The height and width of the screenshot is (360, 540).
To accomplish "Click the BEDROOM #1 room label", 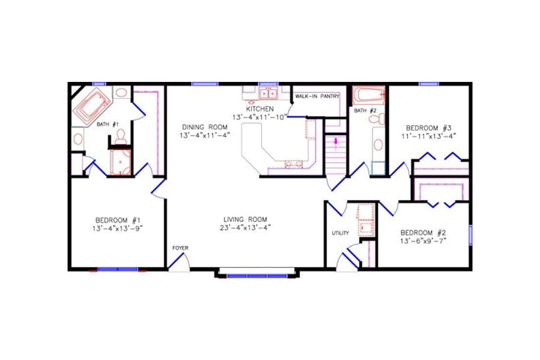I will pos(119,220).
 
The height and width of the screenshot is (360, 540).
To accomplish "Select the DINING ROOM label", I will pos(205,126).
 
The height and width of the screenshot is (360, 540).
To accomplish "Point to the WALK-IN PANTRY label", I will pos(317,97).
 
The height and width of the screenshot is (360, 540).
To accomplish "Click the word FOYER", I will pos(180,248).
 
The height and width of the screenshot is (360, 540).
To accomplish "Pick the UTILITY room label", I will pos(340,233).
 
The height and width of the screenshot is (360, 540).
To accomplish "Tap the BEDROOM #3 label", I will pos(428,127).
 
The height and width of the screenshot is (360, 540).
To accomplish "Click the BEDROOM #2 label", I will pos(423,233).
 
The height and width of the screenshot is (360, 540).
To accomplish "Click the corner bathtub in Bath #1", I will pos(94,106).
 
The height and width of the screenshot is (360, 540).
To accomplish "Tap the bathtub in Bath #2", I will pos(369,95).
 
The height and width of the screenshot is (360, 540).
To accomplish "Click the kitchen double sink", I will pos(268,94).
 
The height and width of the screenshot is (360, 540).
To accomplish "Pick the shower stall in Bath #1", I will pos(120,162).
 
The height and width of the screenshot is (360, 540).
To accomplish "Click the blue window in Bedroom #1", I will pos(117,269).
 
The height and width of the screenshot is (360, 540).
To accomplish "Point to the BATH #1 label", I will pos(108,124).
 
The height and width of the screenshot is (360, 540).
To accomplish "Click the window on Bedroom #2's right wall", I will pos(470,235).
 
